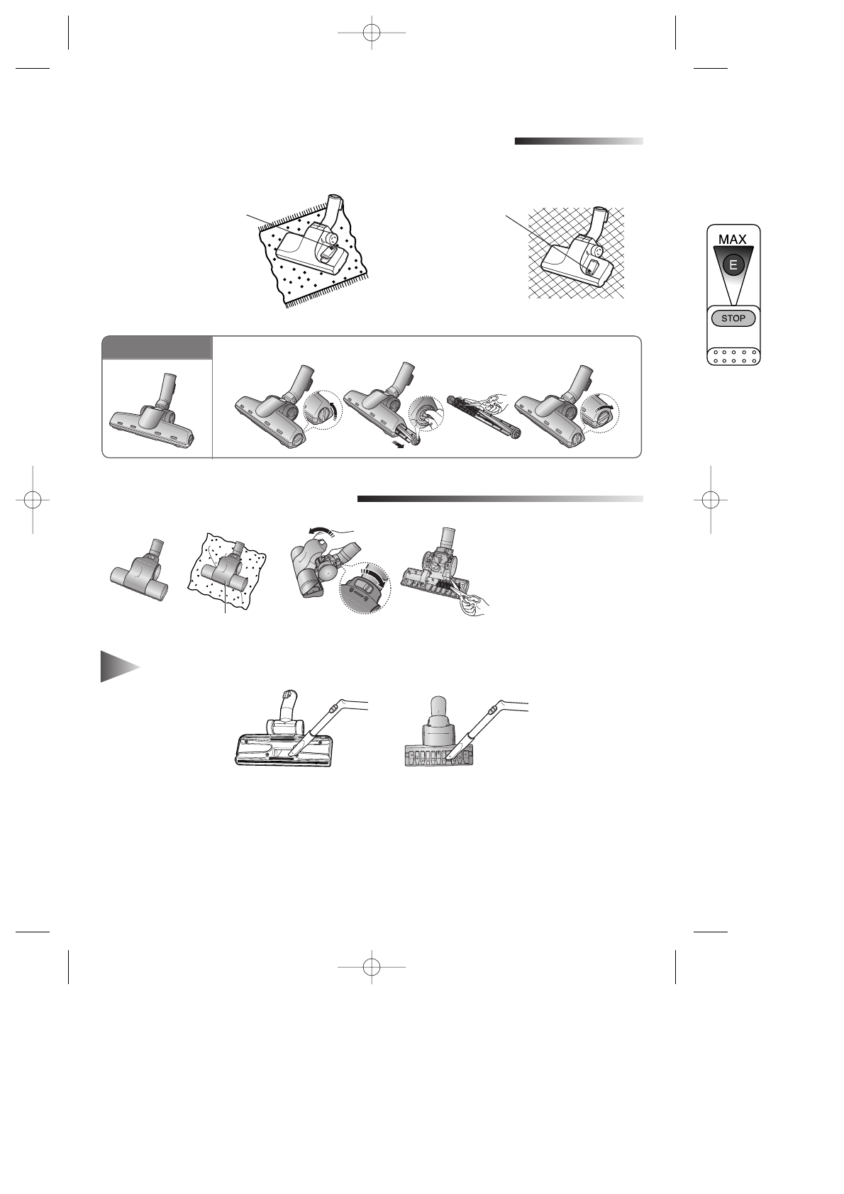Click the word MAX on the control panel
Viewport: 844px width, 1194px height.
(733, 240)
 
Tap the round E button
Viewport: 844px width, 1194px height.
(733, 266)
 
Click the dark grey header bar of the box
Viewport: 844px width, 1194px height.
(157, 348)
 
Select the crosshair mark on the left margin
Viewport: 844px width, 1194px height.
(33, 499)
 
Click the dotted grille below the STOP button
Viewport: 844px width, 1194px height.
(733, 355)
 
